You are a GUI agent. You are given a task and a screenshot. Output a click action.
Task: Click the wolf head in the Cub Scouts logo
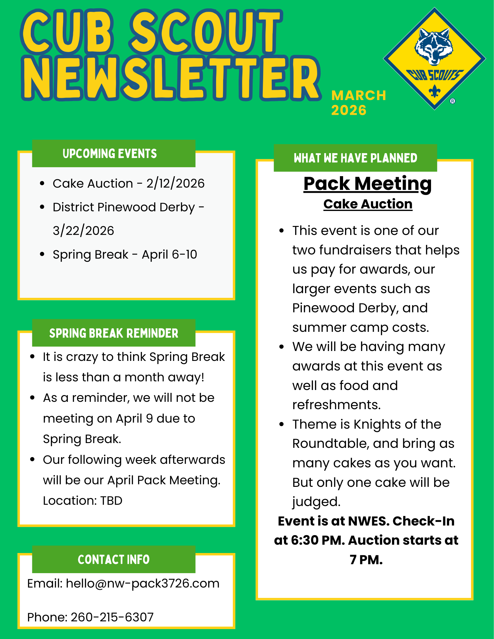[x=434, y=46]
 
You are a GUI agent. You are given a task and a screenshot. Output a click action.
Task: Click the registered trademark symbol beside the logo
[x=452, y=101]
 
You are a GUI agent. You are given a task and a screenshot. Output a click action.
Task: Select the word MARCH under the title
[x=358, y=96]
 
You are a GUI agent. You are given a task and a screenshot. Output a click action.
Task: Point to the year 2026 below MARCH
[x=349, y=110]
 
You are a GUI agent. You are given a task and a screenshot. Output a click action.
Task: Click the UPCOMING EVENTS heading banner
[x=114, y=153]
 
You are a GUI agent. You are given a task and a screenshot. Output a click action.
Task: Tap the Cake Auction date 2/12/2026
[x=175, y=183]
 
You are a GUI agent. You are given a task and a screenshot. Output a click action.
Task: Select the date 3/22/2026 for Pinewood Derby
[x=83, y=231]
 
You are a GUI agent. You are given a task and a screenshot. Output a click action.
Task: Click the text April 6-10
[x=169, y=254]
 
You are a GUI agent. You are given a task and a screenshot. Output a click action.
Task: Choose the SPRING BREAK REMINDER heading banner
[x=114, y=333]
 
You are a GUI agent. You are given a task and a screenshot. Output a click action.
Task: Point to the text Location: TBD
[x=82, y=501]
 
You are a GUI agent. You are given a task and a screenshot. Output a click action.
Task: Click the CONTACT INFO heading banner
[x=114, y=559]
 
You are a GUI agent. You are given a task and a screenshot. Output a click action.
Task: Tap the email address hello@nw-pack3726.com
[x=143, y=584]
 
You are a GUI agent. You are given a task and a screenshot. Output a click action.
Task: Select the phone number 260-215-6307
[x=112, y=617]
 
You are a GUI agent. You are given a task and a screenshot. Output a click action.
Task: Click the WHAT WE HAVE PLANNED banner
[x=355, y=158]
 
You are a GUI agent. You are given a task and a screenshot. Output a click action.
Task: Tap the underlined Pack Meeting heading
[x=367, y=184]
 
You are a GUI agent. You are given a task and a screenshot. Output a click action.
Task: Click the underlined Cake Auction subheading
[x=368, y=204]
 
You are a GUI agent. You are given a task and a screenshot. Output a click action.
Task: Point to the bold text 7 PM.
[x=366, y=560]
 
